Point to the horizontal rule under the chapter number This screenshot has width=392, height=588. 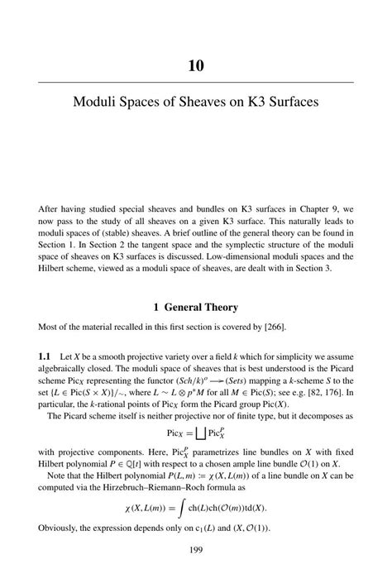(x=196, y=83)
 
